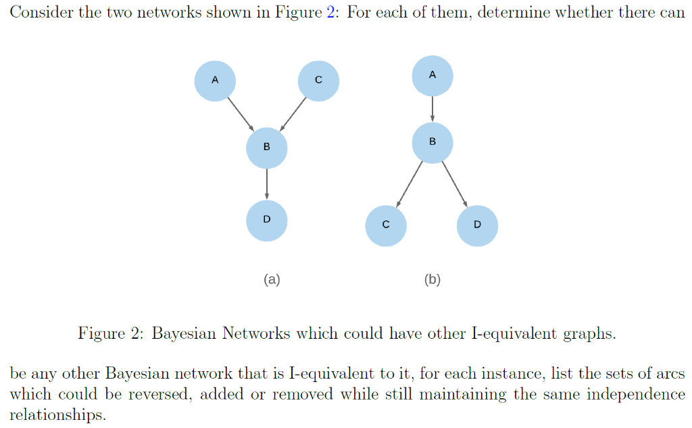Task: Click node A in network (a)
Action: (x=215, y=80)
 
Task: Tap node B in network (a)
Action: (x=267, y=147)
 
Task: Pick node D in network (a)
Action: (x=267, y=220)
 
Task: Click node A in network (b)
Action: (x=432, y=76)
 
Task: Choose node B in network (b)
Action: (x=432, y=142)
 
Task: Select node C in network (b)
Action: (x=386, y=225)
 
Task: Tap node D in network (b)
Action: (x=478, y=225)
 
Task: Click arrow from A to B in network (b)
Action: (x=432, y=109)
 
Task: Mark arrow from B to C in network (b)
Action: (x=410, y=183)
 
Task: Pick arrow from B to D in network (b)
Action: (x=455, y=183)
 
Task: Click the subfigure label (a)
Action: (x=272, y=279)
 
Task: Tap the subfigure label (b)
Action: (x=432, y=279)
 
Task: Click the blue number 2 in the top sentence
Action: (x=331, y=14)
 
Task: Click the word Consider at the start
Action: (x=42, y=14)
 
